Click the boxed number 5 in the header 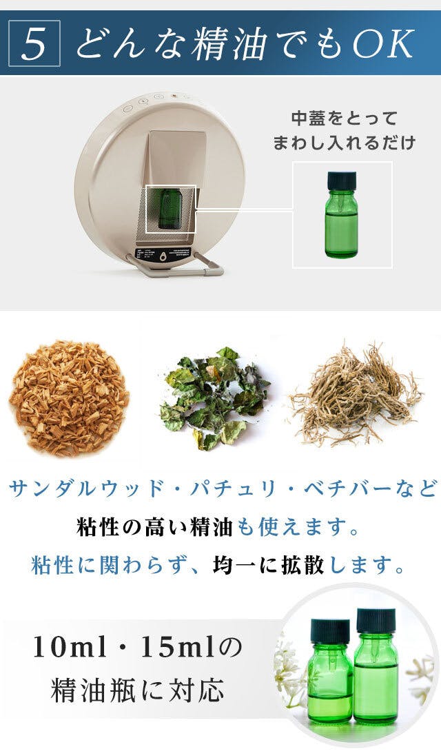click(34, 43)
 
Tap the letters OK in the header click(383, 43)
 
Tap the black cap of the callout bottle click(342, 180)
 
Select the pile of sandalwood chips click(69, 397)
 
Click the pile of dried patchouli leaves click(214, 398)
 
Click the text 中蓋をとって click(344, 119)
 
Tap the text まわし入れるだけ click(344, 143)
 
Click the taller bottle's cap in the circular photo click(376, 620)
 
